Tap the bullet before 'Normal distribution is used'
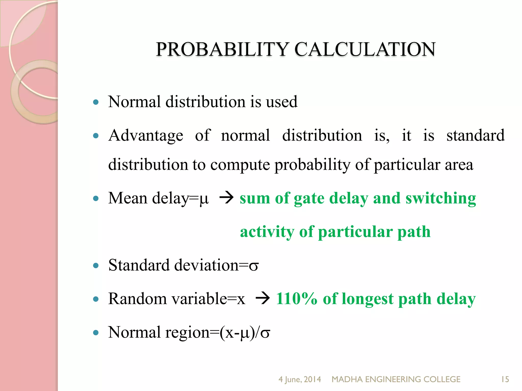96,102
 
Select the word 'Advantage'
146,136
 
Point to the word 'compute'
240,165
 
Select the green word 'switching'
441,199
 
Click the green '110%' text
297,299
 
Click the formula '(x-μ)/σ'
245,333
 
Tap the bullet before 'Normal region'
96,332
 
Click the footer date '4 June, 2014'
299,379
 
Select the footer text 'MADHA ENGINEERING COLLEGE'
396,379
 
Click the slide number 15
505,379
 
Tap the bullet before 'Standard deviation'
96,266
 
